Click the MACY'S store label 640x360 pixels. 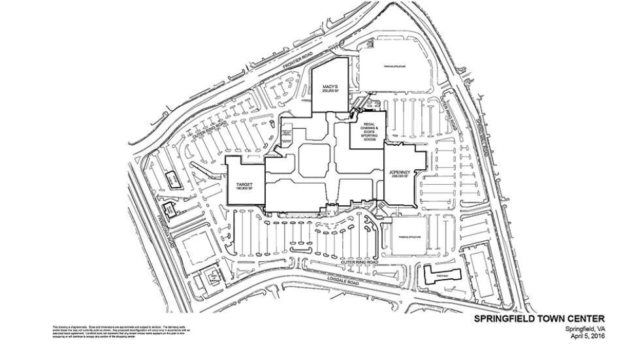(328, 86)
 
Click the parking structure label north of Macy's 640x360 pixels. (394, 67)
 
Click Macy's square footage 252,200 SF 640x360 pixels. (328, 91)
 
